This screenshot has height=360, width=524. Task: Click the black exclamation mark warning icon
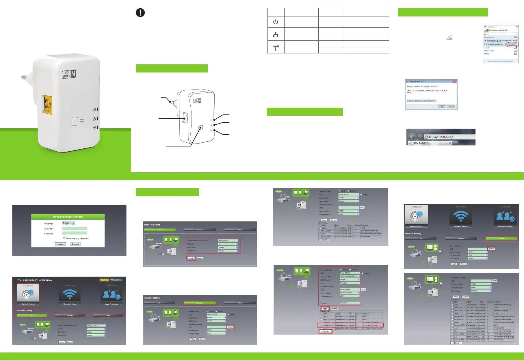[140, 13]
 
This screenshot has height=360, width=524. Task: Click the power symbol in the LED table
[276, 22]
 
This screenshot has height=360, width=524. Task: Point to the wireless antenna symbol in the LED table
[276, 47]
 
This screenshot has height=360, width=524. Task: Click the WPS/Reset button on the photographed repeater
[75, 121]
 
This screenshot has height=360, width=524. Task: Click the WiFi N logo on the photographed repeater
[69, 74]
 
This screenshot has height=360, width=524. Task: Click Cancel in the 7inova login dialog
[75, 244]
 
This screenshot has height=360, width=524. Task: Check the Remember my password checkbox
[64, 238]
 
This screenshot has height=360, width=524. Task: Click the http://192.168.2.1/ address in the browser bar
[441, 137]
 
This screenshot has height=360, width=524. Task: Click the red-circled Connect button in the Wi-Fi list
[512, 45]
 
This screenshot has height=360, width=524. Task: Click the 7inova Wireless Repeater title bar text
[68, 217]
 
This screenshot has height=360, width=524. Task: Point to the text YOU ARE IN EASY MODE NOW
[35, 280]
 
